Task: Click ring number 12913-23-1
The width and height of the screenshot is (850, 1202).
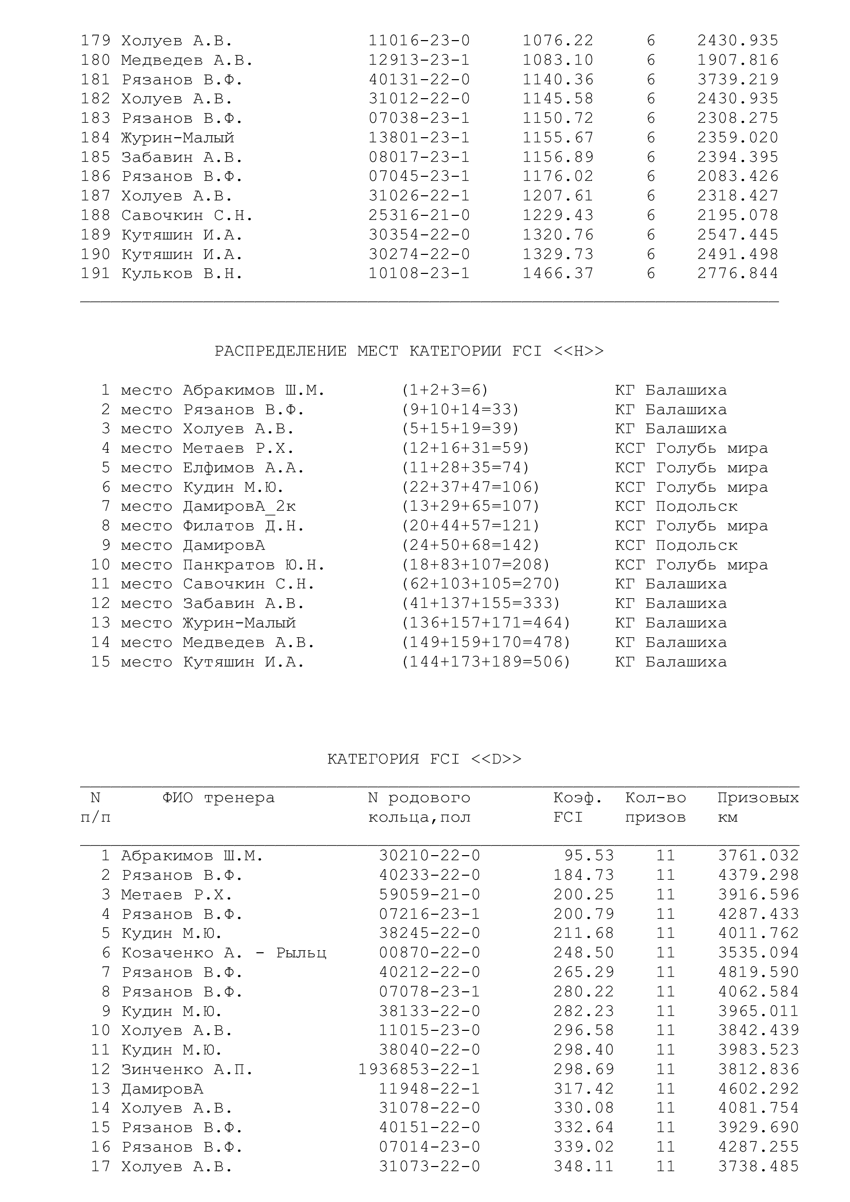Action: tap(419, 60)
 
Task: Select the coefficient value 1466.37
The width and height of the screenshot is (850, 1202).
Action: tap(558, 273)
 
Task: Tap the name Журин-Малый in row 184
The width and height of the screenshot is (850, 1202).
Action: tap(177, 138)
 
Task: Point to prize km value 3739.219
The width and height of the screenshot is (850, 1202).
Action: tap(737, 80)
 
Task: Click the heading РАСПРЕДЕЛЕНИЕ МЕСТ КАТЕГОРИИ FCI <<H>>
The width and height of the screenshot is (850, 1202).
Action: tap(409, 351)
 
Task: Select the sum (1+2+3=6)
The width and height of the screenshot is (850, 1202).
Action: tap(445, 390)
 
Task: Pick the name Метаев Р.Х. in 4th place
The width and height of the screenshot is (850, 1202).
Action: tap(238, 448)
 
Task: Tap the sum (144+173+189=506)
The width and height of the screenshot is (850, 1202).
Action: tap(485, 662)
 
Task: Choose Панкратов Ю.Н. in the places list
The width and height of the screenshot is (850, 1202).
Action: tap(254, 565)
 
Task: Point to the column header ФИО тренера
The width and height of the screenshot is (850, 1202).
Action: tap(218, 798)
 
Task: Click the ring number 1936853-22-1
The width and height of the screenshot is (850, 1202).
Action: tap(419, 1069)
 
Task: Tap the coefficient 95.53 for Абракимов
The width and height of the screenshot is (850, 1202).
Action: tap(588, 856)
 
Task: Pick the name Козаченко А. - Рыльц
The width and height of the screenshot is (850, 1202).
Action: tap(224, 953)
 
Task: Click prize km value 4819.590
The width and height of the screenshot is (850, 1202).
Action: tap(758, 972)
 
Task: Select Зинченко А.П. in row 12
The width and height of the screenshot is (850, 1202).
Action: tap(187, 1069)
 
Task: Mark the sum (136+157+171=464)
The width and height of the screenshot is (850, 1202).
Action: tap(485, 623)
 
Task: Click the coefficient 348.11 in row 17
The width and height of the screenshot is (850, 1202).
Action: tap(583, 1167)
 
